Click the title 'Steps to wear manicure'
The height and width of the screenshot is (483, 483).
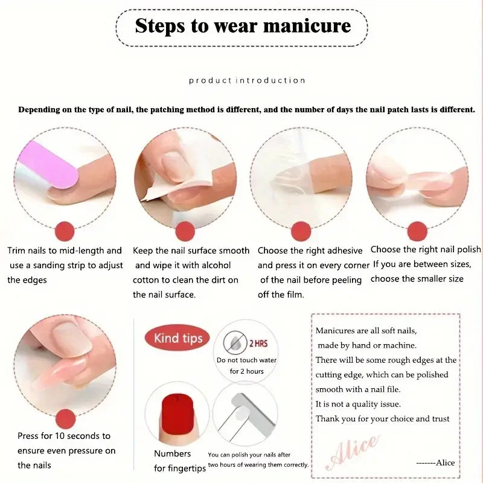(x=242, y=26)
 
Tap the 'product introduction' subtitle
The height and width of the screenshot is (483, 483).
(x=247, y=80)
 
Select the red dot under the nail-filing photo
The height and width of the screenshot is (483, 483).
(x=65, y=231)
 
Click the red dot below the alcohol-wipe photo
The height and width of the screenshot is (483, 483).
(x=185, y=231)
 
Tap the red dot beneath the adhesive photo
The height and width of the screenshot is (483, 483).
(x=301, y=231)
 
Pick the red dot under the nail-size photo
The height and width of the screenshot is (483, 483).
(x=417, y=231)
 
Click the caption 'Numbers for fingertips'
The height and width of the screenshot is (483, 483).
(x=173, y=461)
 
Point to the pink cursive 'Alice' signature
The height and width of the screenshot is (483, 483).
(x=353, y=452)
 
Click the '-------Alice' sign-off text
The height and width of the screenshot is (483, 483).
(x=435, y=462)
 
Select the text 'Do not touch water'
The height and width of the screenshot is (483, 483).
(x=246, y=360)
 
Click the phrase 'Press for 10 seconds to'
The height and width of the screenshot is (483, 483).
(x=63, y=436)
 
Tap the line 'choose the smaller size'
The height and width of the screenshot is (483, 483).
(x=417, y=279)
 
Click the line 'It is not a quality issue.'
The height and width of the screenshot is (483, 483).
(x=358, y=404)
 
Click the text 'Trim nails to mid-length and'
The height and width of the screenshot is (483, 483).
(x=65, y=251)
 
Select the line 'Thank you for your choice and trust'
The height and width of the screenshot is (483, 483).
(x=382, y=418)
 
